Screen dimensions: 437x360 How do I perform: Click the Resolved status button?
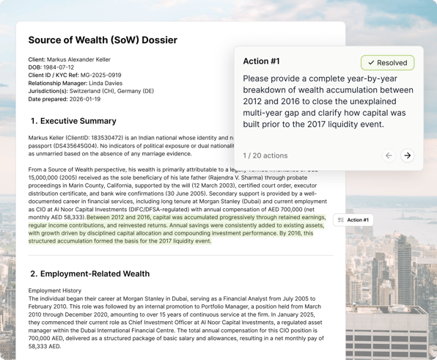pos(387,63)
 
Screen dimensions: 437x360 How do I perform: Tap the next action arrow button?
pos(408,155)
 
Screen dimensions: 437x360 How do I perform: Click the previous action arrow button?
pos(389,155)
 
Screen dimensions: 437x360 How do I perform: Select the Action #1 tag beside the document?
pos(353,220)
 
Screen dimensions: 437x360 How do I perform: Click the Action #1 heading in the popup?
pos(261,62)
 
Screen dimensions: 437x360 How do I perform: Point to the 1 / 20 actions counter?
pos(265,155)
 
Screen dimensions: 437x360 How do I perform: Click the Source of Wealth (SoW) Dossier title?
pos(103,40)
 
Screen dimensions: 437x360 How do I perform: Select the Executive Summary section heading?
pos(73,121)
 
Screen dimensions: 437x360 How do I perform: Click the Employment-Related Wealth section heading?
pos(89,273)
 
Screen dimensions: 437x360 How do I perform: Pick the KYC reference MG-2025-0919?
pos(101,76)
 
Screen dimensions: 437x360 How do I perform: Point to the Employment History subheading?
pos(55,291)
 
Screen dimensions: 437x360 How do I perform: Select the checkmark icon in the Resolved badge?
pos(371,63)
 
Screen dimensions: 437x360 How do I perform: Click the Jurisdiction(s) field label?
pos(48,91)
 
